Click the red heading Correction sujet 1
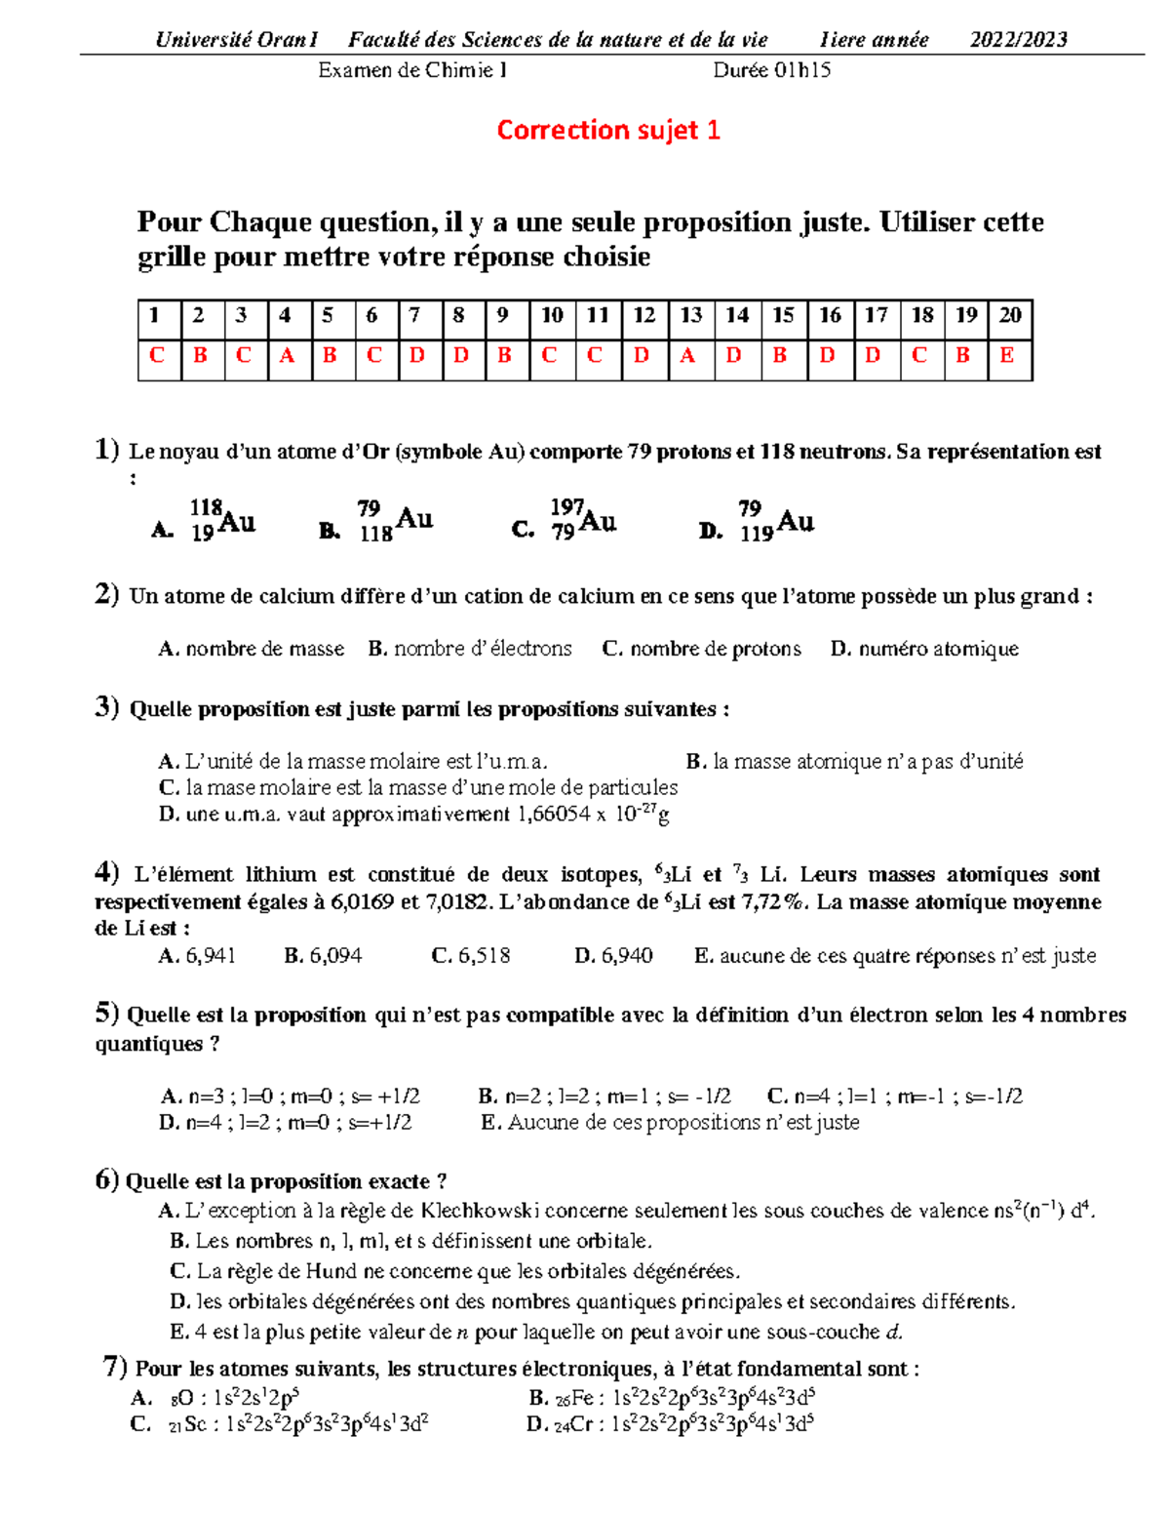click(607, 130)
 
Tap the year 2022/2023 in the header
click(1018, 40)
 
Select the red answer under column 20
click(1008, 355)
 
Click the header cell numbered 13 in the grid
click(690, 315)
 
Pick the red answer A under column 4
click(287, 355)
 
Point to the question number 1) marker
click(107, 450)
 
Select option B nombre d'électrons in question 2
click(470, 649)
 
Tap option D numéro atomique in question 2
click(924, 649)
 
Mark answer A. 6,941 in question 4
click(197, 956)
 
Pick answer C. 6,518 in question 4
click(471, 956)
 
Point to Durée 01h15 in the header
click(771, 70)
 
